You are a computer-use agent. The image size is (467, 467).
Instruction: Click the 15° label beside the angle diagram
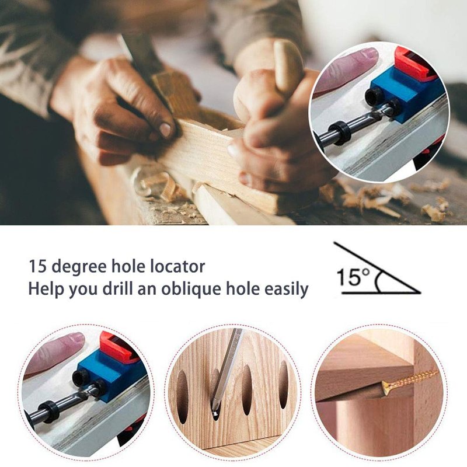354,277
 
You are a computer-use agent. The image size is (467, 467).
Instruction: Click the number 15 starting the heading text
38,266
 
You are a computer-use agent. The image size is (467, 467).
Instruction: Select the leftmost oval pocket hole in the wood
182,393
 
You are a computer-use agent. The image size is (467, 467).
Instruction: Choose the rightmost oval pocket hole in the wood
284,385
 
